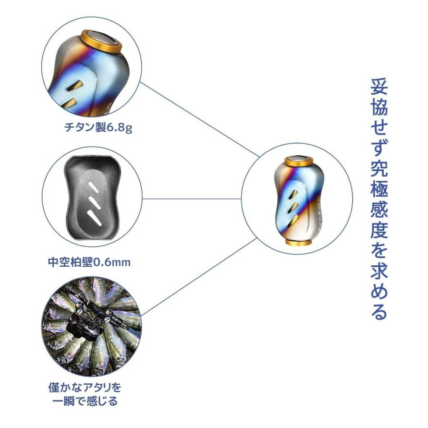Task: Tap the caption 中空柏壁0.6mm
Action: tap(89, 262)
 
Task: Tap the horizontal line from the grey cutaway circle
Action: tap(190, 198)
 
